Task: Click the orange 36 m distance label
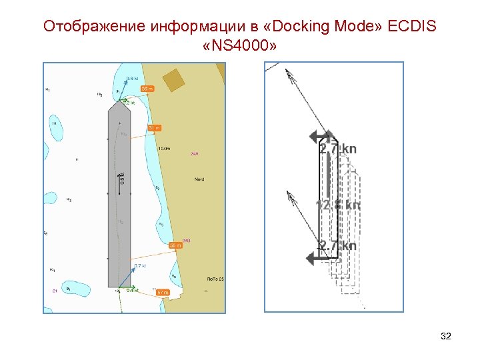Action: (147, 89)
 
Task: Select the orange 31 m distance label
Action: (154, 127)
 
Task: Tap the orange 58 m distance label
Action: (175, 245)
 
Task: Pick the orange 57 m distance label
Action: (163, 292)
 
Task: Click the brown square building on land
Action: (173, 79)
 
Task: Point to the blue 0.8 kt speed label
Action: (132, 78)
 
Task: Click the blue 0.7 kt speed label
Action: (140, 266)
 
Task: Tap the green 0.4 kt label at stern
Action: (133, 290)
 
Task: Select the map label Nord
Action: (199, 179)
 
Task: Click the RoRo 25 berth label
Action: (214, 278)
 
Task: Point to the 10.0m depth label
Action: (164, 148)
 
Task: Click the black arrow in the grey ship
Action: (120, 182)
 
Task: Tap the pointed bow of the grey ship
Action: (118, 105)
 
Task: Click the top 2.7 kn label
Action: (338, 149)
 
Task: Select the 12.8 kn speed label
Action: (338, 205)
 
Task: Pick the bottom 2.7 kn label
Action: (337, 246)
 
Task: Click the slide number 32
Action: (446, 336)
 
